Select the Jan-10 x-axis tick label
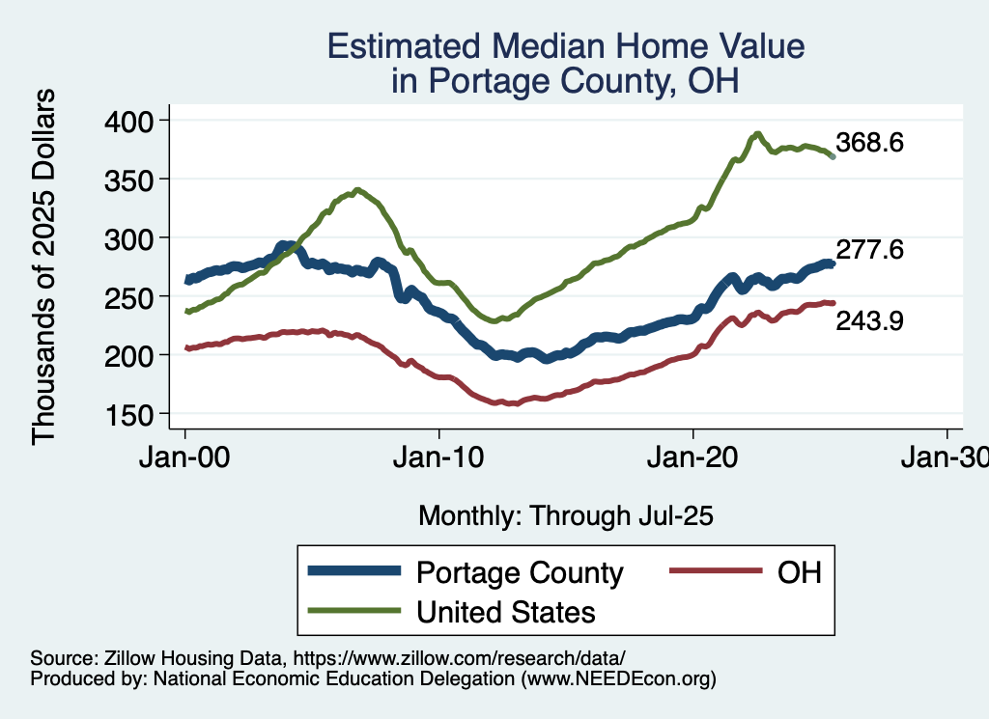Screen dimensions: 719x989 (x=438, y=458)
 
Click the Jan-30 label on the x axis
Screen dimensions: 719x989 (x=947, y=458)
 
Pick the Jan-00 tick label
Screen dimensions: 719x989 (x=185, y=458)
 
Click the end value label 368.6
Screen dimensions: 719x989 (x=869, y=144)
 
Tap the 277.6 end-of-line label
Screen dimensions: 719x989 (x=869, y=250)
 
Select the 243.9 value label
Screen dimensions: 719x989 (x=869, y=322)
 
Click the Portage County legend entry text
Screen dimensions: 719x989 (x=520, y=572)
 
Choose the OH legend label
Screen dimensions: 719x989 (x=800, y=572)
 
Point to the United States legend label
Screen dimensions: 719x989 (x=505, y=612)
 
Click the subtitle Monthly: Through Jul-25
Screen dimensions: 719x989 (x=565, y=516)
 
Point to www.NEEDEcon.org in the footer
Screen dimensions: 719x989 (x=619, y=679)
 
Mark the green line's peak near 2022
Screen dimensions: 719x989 (x=758, y=134)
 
